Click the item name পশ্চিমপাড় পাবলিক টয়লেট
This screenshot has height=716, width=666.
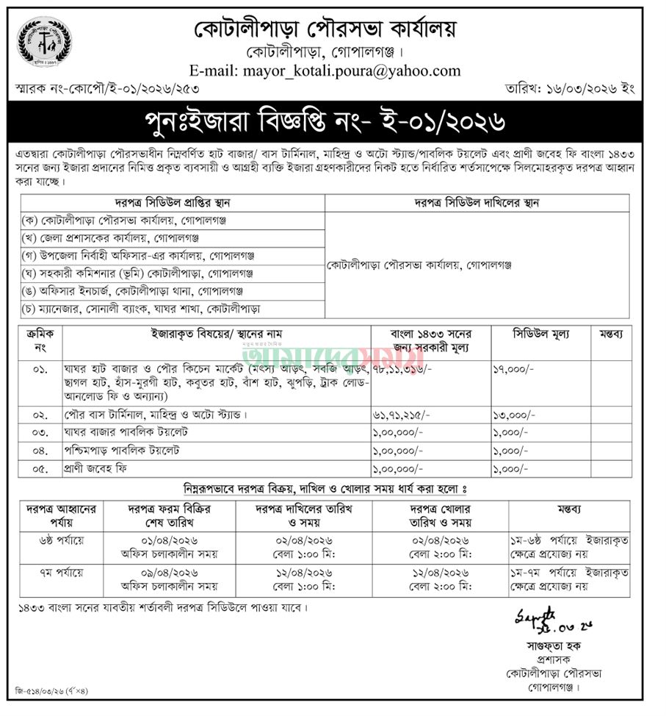123,449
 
